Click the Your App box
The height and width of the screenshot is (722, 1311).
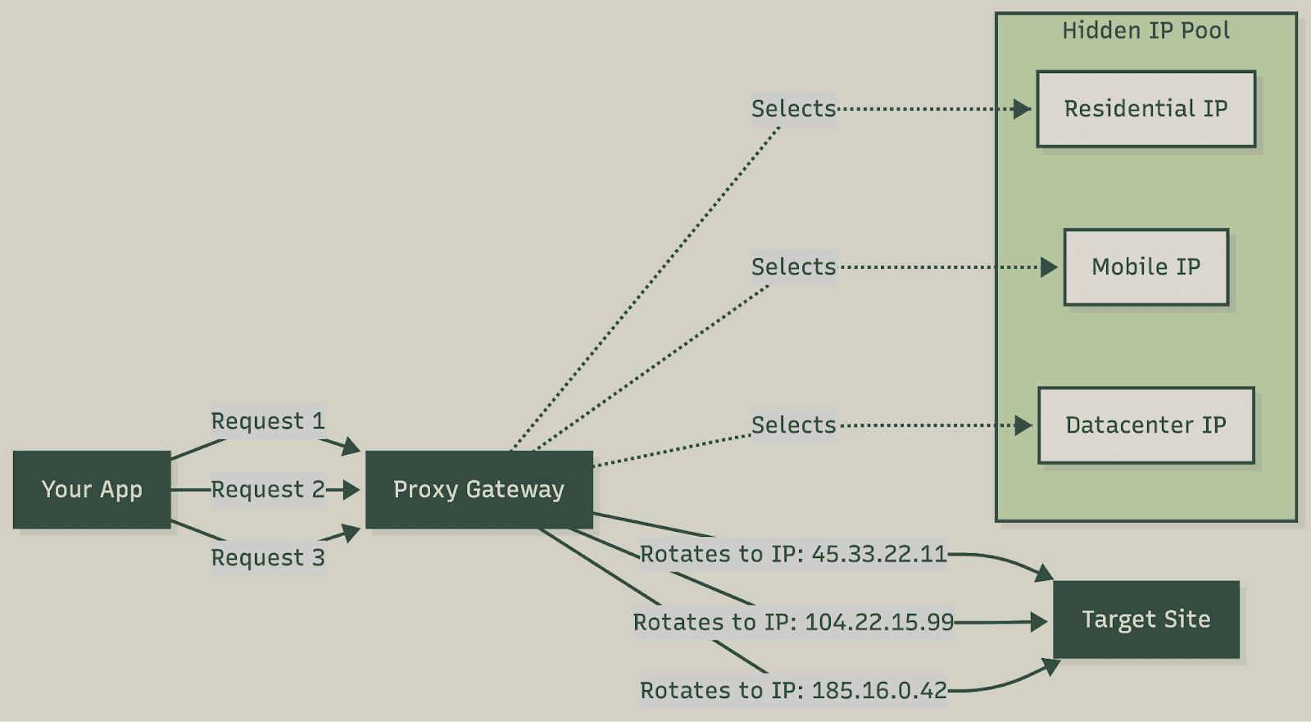coord(92,489)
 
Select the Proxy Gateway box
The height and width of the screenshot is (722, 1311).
coord(479,489)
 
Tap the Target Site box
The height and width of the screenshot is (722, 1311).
coord(1145,620)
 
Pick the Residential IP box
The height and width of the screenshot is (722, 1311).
coord(1145,109)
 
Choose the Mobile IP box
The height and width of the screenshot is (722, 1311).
coord(1145,267)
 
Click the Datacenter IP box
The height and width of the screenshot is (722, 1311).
coord(1145,425)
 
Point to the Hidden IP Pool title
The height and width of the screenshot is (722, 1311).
coord(1145,31)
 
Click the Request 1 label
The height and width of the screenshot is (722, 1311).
coord(268,421)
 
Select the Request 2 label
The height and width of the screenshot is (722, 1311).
coord(268,489)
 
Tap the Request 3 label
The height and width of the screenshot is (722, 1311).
coord(268,558)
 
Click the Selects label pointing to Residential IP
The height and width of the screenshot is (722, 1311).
coord(793,109)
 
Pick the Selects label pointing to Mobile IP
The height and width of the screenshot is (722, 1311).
coord(793,267)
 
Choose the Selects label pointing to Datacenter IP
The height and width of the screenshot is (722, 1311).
coord(793,425)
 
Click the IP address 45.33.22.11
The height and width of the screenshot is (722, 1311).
coord(879,554)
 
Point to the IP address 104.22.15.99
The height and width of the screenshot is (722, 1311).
coord(879,622)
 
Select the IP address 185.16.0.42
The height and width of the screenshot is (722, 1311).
coord(879,691)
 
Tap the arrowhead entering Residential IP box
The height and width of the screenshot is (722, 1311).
coord(1022,109)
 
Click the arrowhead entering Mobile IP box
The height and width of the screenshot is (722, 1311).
coord(1049,267)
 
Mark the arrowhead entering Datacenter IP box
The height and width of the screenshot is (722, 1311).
coord(1023,425)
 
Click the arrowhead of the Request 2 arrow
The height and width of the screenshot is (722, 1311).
coord(351,490)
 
